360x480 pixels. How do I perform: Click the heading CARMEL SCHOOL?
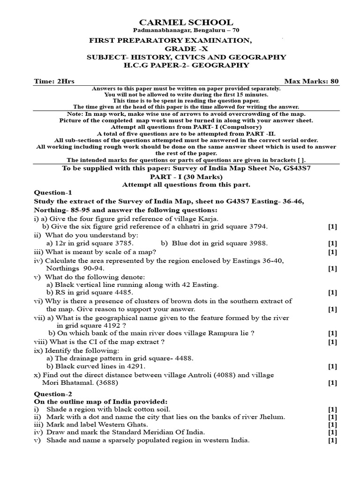186,22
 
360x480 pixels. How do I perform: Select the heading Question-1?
53,193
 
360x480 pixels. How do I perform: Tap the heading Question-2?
53,394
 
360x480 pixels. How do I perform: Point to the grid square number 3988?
258,243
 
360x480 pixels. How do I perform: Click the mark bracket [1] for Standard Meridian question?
332,432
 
